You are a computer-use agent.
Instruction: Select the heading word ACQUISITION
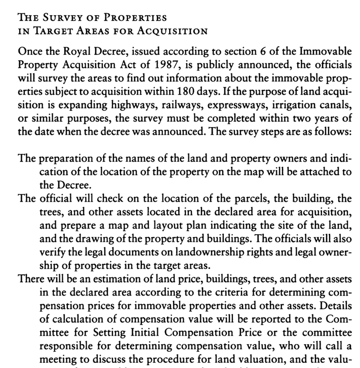click(174, 31)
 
